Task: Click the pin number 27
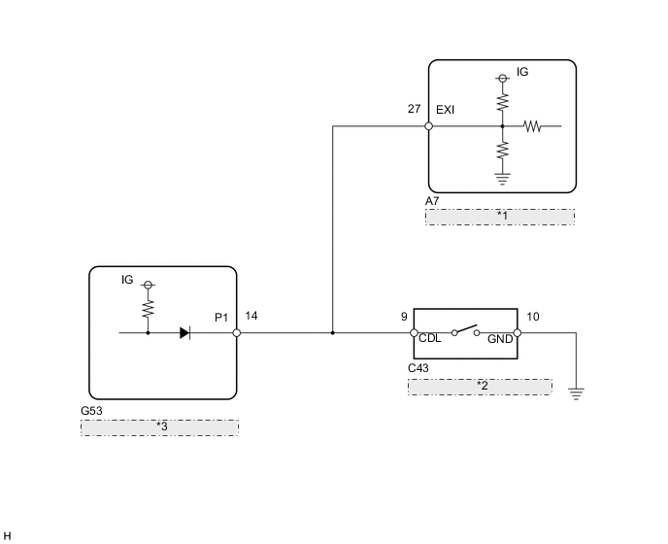[415, 110]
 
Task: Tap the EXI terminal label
[446, 110]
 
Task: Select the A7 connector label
[433, 201]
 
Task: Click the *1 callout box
[501, 216]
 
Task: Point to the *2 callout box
[480, 387]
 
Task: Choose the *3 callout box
[159, 426]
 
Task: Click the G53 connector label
[91, 411]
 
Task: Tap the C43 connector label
[419, 370]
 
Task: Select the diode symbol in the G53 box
[184, 332]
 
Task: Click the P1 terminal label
[222, 317]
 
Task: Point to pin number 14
[251, 316]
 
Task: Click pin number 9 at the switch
[403, 316]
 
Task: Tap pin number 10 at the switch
[532, 316]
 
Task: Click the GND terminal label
[500, 340]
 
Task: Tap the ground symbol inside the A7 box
[503, 177]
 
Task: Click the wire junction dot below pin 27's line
[333, 332]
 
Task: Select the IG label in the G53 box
[127, 280]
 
